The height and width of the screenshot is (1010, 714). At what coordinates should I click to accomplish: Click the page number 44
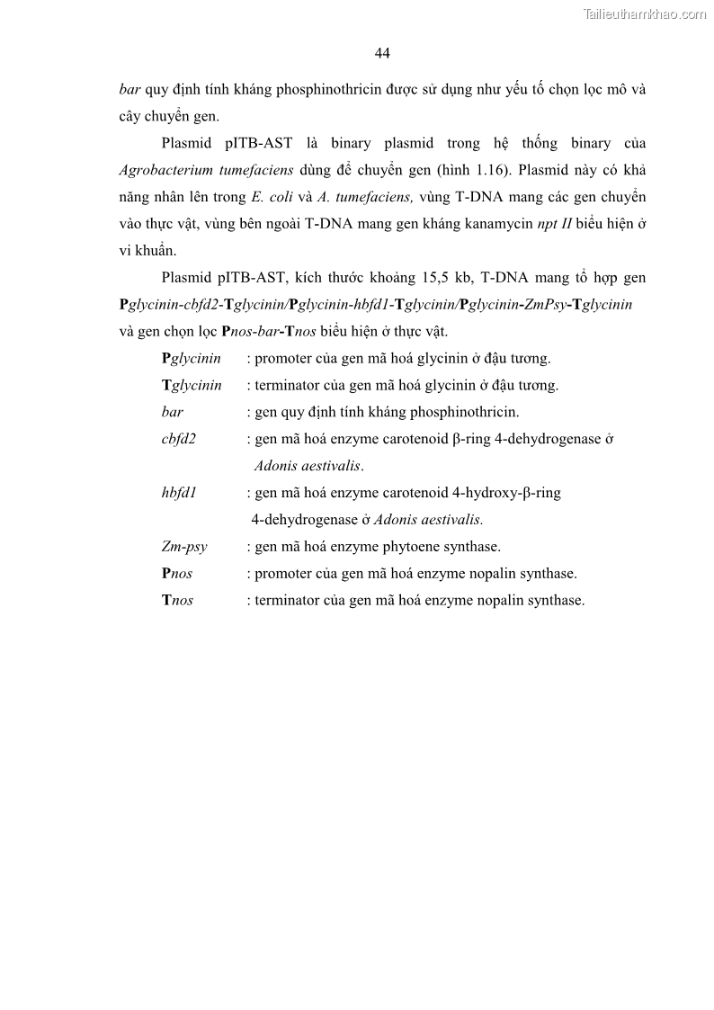coord(381,54)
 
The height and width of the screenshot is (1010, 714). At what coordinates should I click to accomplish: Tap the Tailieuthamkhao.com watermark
coord(645,13)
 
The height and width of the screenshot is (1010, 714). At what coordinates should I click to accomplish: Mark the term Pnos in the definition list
coord(177,573)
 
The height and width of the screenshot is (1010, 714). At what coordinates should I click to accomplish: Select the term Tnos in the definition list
coord(177,600)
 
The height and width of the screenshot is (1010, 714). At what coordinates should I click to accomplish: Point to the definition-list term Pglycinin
coord(191,358)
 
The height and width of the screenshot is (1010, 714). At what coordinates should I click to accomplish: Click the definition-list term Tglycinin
coord(192,385)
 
